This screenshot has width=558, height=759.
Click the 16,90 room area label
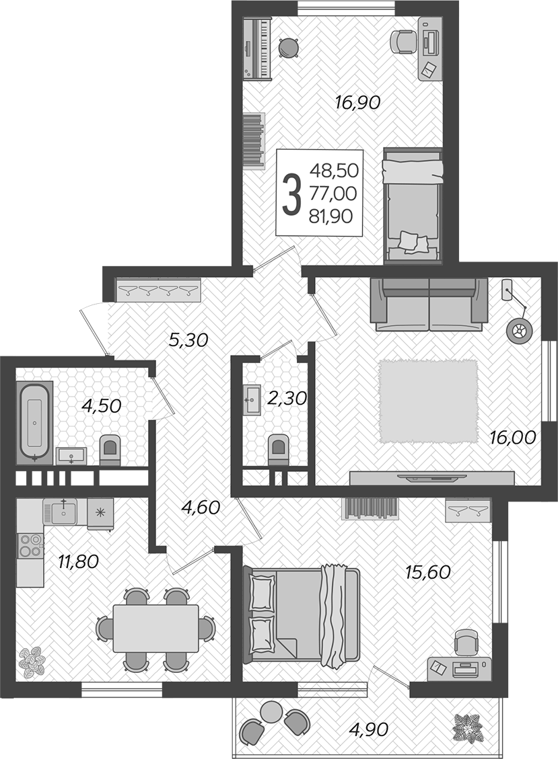pyautogui.click(x=358, y=102)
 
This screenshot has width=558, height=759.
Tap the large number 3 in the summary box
pyautogui.click(x=291, y=194)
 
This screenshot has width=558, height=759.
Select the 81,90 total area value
pyautogui.click(x=330, y=216)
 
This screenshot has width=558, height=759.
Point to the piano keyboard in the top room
pyautogui.click(x=256, y=48)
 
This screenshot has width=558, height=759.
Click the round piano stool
pyautogui.click(x=288, y=48)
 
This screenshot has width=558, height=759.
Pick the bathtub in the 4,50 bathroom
pyautogui.click(x=34, y=421)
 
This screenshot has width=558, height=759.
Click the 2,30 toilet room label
pyautogui.click(x=287, y=399)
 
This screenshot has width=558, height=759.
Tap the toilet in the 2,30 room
pyautogui.click(x=278, y=448)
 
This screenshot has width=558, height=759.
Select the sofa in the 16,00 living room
pyautogui.click(x=429, y=304)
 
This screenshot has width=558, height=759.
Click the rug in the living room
pyautogui.click(x=428, y=401)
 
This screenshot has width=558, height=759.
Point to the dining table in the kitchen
pyautogui.click(x=155, y=629)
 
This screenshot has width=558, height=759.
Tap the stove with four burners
pyautogui.click(x=30, y=545)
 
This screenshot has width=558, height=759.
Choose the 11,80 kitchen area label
pyautogui.click(x=78, y=561)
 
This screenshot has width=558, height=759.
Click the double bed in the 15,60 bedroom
pyautogui.click(x=304, y=614)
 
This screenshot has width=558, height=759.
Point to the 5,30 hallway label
pyautogui.click(x=188, y=340)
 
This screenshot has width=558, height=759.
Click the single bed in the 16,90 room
pyautogui.click(x=413, y=206)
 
